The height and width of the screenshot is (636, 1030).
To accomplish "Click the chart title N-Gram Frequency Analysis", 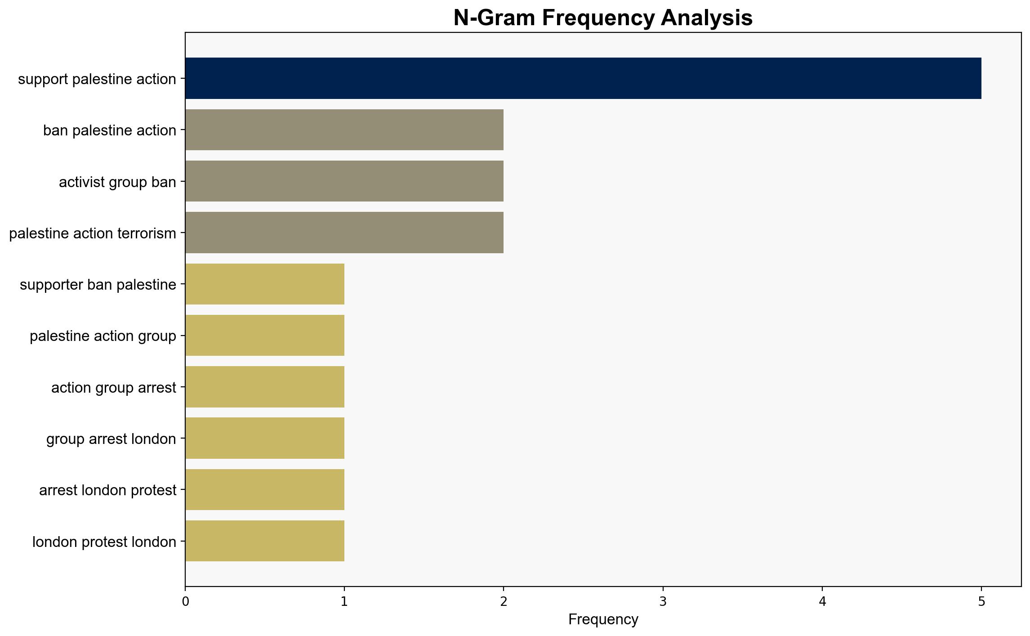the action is tap(603, 18).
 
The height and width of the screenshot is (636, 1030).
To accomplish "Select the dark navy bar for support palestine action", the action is tap(583, 78).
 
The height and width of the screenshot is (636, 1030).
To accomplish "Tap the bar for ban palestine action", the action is tap(344, 130).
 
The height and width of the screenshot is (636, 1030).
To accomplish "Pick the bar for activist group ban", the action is tap(344, 181).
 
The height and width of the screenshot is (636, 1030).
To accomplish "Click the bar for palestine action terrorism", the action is tap(344, 233).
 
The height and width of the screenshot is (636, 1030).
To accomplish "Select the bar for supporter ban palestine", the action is tap(265, 284).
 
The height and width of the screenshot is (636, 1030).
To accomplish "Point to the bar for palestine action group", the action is tap(265, 336).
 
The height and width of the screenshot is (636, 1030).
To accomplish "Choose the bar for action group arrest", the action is tap(265, 387).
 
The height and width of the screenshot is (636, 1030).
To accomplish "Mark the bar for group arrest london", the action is tap(265, 438).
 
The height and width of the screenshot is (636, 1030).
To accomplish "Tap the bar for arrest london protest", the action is tap(265, 490).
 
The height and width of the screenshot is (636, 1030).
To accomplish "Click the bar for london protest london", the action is tap(265, 541).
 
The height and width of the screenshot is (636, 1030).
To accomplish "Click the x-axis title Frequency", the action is tap(603, 619).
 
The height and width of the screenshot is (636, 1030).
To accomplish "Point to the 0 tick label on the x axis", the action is tap(185, 601).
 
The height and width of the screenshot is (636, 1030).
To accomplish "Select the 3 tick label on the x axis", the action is tap(663, 601).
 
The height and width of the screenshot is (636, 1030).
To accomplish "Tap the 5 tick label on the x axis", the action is tap(981, 601).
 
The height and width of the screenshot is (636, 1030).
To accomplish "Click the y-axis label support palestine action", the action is tap(97, 79).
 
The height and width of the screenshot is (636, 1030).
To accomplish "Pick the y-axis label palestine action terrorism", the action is tap(93, 233).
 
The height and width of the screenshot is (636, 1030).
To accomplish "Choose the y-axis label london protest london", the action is tap(104, 542).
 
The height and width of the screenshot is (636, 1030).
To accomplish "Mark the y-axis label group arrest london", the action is tap(111, 439).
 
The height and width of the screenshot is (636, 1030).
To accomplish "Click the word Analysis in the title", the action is tap(707, 18).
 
